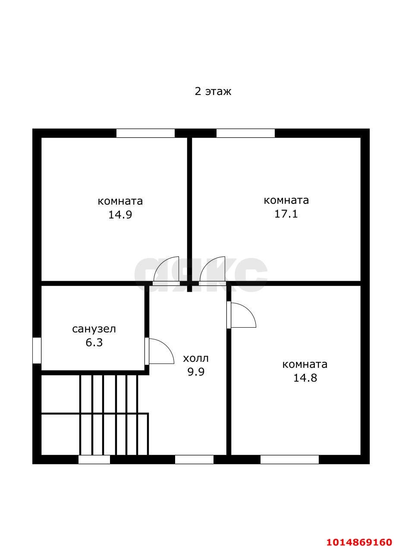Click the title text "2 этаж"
coord(213,92)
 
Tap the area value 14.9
coord(120,215)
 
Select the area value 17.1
coord(286,214)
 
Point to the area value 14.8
coord(305,378)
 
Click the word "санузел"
coord(94,329)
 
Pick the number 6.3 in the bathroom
coord(94,342)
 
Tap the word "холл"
coord(196,358)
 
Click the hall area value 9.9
coord(196,372)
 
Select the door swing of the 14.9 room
coord(162,263)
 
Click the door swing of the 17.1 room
coord(208,263)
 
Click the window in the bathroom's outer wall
coord(37,351)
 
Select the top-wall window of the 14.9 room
coord(145,133)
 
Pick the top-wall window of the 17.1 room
coord(245,133)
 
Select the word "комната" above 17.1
coord(286,200)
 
